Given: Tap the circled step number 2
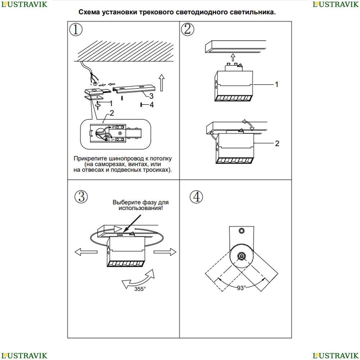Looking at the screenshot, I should [x=188, y=29].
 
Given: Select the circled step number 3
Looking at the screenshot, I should [x=81, y=197].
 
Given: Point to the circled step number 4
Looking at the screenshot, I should [x=196, y=197].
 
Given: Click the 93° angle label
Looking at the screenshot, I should [x=241, y=288].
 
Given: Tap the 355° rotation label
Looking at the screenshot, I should [x=140, y=289].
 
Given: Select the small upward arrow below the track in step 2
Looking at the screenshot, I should [x=233, y=57].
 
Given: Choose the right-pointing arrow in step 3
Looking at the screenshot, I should [x=166, y=251].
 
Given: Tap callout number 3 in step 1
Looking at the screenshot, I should [x=151, y=96].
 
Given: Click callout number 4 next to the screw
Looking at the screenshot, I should [x=152, y=105].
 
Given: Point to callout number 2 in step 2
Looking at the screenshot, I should [x=277, y=144].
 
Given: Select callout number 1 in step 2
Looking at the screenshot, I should [x=276, y=84].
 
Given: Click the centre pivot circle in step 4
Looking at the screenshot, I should [x=241, y=256].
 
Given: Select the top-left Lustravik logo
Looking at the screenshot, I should [x=24, y=4].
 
